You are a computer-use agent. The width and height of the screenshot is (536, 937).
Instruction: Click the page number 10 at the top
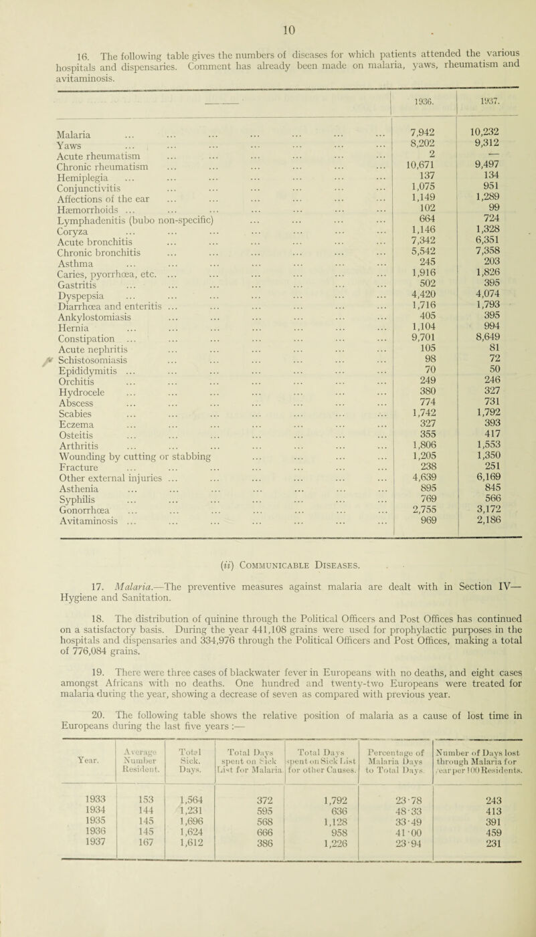[x=268, y=9]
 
